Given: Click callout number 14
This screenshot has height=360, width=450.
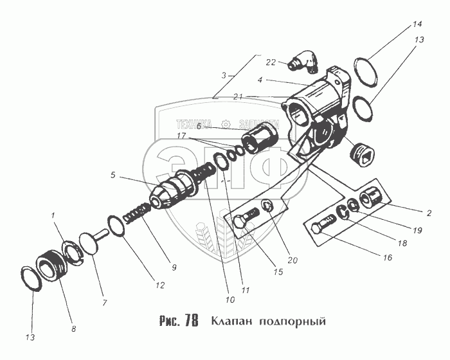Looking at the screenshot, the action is tap(417, 25).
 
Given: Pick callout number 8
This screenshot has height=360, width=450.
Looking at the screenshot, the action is tap(73, 328).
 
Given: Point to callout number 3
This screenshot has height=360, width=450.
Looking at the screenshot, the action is tap(224, 75).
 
